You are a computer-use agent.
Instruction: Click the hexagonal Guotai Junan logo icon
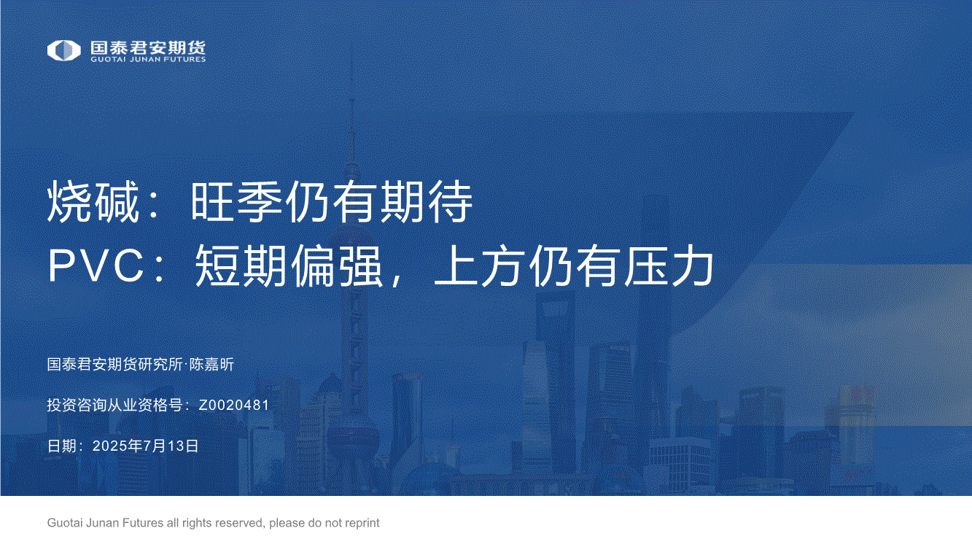[x=63, y=50]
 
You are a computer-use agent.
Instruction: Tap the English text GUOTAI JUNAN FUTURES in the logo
[x=148, y=59]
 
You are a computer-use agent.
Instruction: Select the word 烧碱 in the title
[x=93, y=202]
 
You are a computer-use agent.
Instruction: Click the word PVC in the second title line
[x=96, y=265]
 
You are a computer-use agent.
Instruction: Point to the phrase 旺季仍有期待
[x=332, y=202]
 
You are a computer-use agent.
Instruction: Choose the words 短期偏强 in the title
[x=289, y=265]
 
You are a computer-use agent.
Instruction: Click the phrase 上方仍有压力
[x=574, y=265]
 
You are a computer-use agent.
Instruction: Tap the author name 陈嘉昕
[x=211, y=364]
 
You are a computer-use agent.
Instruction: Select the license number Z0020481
[x=234, y=405]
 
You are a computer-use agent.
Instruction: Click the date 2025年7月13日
[x=145, y=446]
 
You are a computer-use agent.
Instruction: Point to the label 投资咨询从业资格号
[x=115, y=405]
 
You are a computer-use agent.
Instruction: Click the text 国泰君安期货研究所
[x=115, y=364]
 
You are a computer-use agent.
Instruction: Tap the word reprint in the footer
[x=364, y=523]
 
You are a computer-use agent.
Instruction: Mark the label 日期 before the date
[x=62, y=446]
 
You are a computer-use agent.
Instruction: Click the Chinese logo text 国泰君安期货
[x=148, y=47]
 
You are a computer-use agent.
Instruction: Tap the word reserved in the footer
[x=242, y=523]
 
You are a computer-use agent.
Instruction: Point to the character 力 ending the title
[x=693, y=265]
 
